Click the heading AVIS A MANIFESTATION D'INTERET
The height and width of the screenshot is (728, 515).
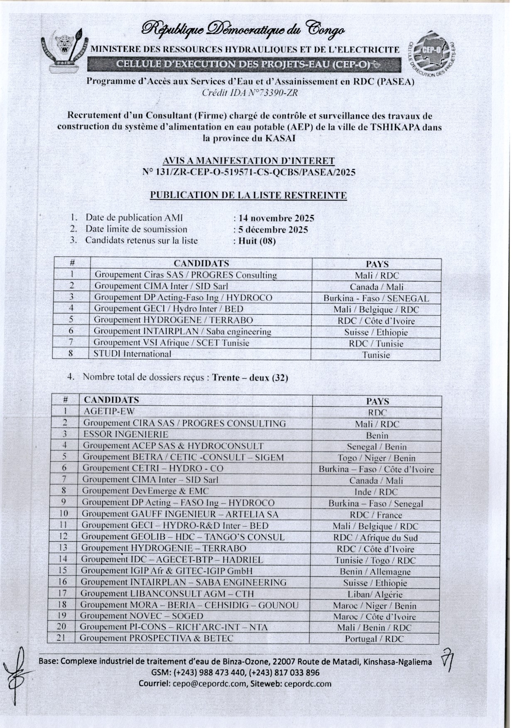coord(248,161)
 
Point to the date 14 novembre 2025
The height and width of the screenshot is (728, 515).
coord(276,218)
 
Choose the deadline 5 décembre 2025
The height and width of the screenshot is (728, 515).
coord(273,230)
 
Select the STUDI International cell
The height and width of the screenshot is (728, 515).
coord(132,354)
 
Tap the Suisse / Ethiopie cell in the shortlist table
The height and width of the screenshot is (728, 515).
coord(376,332)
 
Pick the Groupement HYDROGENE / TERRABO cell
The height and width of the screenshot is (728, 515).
coord(173,320)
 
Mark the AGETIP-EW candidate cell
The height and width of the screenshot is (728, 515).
coord(109,411)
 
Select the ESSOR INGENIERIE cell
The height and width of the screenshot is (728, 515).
coord(126,435)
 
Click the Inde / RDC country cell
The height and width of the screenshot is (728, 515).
coord(376,492)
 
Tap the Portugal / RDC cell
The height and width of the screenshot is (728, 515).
coord(374,639)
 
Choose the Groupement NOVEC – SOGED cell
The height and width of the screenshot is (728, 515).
coord(142,616)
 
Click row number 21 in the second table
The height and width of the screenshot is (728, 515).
coord(61,638)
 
